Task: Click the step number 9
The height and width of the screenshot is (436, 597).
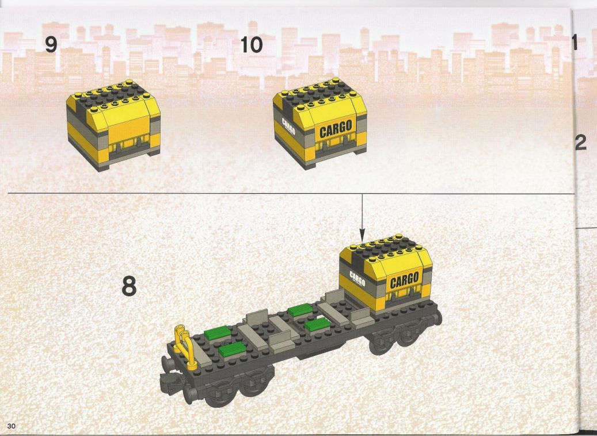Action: click(x=51, y=44)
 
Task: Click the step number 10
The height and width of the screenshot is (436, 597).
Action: click(x=251, y=45)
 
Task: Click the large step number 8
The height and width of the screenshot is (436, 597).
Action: click(x=129, y=286)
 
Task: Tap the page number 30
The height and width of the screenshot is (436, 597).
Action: click(x=11, y=426)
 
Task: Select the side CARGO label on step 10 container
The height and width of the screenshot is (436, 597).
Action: click(x=288, y=127)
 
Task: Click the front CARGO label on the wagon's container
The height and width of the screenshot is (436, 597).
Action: click(x=404, y=280)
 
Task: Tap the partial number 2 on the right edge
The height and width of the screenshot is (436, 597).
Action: click(x=580, y=142)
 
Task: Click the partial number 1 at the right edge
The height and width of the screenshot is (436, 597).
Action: click(x=575, y=42)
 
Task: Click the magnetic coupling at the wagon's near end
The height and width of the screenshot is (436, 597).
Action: click(x=169, y=379)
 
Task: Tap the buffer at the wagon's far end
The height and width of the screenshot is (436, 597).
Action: click(x=438, y=317)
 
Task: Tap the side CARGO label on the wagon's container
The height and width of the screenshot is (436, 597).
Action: click(x=357, y=279)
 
